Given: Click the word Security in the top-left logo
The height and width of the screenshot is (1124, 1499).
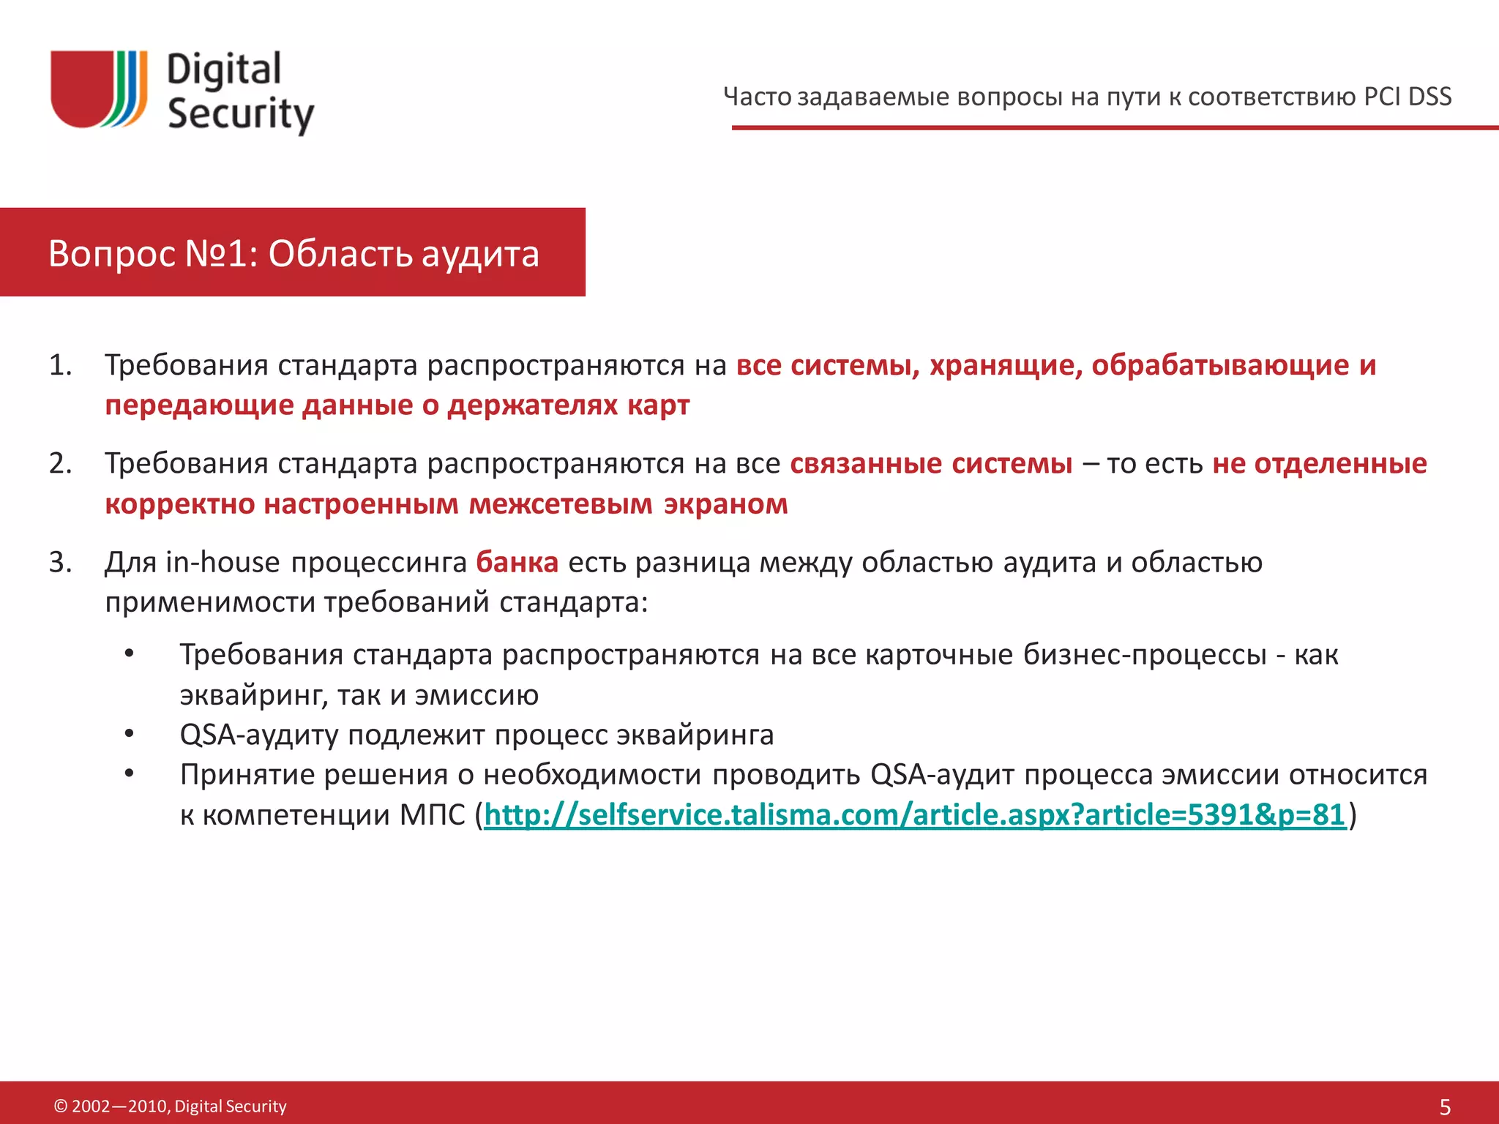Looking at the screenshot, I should pos(241,114).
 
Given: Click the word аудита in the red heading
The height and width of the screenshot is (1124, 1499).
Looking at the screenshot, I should pos(480,254).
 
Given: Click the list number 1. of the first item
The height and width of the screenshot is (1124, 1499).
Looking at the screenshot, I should pos(61,365).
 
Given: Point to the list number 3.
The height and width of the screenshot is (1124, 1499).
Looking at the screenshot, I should pos(61,562).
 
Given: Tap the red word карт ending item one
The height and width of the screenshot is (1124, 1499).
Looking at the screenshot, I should pos(658,405).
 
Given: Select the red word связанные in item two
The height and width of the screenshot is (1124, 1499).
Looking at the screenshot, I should pos(866,464).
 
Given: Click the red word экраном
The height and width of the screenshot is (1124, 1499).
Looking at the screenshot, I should pos(725,504).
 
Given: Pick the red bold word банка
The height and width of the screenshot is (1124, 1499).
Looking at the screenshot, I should pos(517,562).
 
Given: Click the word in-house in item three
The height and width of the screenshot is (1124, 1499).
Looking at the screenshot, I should pos(223,562).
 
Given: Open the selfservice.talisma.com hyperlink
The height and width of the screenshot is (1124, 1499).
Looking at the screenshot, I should pos(915,814).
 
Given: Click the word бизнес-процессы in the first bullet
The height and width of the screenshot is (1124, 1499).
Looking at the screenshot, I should pos(1144,654).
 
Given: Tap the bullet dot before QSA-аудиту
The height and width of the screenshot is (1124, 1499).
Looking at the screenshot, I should pos(130,733).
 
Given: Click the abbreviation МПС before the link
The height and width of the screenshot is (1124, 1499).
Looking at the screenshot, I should pos(432,814).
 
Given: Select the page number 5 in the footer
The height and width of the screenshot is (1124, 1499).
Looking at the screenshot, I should pos(1445,1106).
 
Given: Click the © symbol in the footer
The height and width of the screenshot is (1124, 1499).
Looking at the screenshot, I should pos(61,1106).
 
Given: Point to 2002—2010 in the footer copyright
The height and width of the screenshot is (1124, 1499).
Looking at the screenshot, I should pos(120,1106).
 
